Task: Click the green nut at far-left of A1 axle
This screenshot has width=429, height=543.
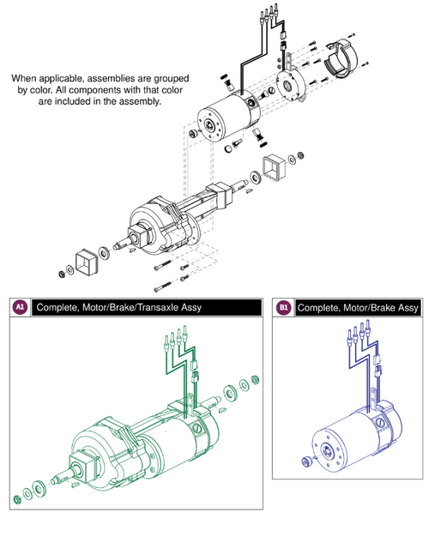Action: tap(18, 499)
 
